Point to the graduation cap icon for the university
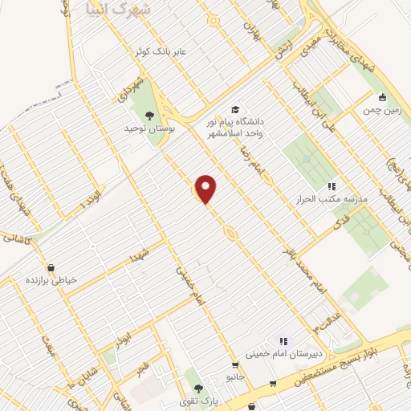235,109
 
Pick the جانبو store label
235,376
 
